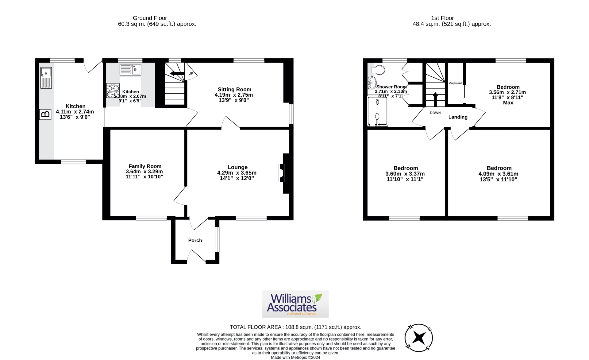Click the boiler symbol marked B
point(45,114)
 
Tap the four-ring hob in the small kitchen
point(113,91)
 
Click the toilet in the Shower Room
point(378,70)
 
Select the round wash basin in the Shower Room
point(372,82)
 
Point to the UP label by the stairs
point(191,73)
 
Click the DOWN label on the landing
point(435,113)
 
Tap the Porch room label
point(195,240)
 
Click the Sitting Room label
point(234,89)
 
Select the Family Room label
point(145,166)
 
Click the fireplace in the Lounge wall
point(282,173)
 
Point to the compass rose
point(418,338)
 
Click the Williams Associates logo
point(295,304)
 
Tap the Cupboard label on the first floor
point(455,83)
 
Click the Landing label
point(458,117)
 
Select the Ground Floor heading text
point(150,18)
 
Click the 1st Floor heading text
point(442,18)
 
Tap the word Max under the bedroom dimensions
point(508,103)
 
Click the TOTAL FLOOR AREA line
point(295,327)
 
